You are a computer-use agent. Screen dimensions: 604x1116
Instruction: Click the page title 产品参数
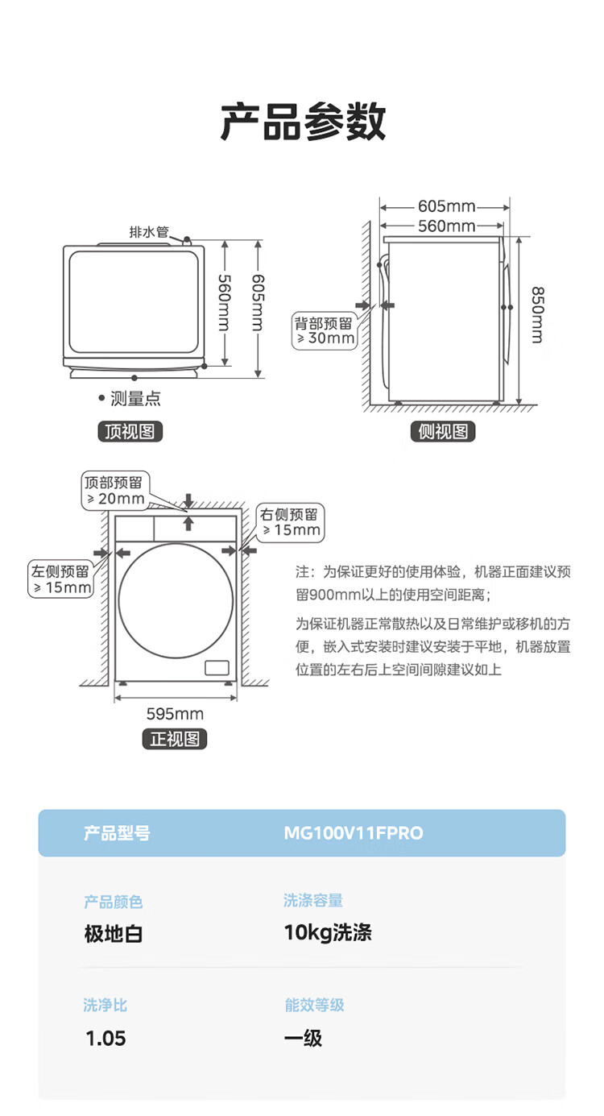303,122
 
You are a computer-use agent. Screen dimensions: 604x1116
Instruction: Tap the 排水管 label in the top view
149,232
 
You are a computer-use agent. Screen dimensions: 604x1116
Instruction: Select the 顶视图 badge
130,431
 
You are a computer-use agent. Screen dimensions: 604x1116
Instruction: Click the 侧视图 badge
443,431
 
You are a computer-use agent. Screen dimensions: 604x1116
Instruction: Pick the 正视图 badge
174,739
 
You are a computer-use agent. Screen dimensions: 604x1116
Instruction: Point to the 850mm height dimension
538,315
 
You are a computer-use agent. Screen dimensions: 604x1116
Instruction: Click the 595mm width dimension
175,714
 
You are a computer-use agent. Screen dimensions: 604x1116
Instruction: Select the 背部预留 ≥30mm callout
325,331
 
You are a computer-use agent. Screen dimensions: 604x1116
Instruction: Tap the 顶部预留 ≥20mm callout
115,491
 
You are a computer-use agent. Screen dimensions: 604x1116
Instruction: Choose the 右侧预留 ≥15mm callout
291,523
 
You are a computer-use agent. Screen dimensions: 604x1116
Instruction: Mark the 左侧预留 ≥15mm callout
60,579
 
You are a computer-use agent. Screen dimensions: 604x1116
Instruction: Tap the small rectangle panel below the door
217,668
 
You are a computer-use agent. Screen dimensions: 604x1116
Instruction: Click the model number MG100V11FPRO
354,833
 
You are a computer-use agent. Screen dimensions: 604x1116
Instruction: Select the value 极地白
114,934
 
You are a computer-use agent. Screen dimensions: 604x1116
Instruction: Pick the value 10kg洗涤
328,932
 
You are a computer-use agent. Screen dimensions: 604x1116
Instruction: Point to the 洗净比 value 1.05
105,1039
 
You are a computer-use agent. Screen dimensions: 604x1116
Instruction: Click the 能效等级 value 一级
304,1039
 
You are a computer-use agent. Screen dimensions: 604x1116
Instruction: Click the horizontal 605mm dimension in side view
446,205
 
